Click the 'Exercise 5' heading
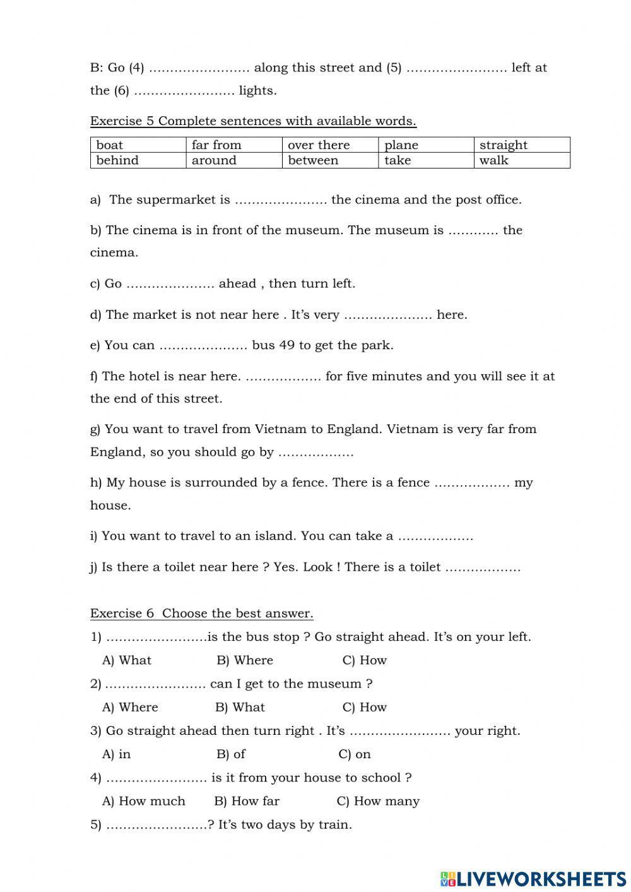(253, 121)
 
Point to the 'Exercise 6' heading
(201, 613)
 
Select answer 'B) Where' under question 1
(245, 660)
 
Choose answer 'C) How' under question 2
(364, 707)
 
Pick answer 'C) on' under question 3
(355, 754)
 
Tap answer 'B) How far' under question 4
(247, 801)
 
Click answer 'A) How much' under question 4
(144, 801)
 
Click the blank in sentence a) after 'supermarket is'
(280, 201)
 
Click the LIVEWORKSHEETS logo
(533, 878)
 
